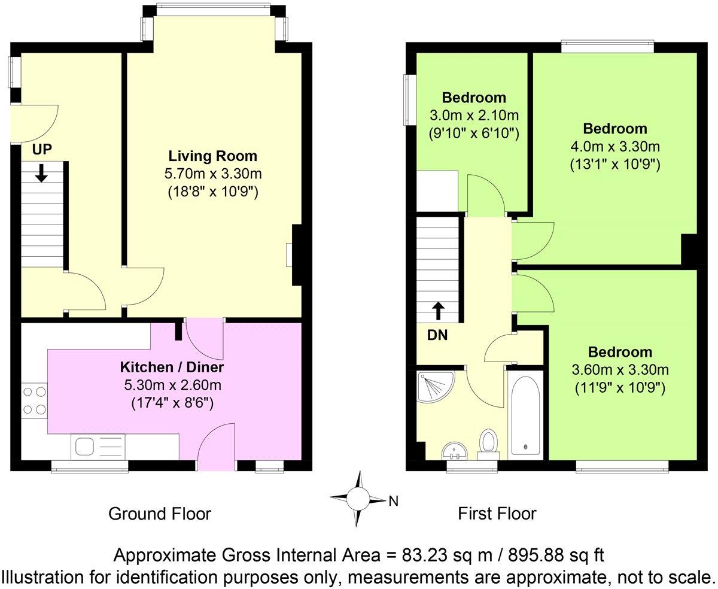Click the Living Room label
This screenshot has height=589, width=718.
click(x=212, y=156)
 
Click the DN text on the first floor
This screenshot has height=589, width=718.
click(x=437, y=336)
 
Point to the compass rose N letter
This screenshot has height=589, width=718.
click(x=393, y=501)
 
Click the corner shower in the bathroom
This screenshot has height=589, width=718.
click(x=436, y=385)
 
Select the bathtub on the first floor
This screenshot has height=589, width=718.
click(x=525, y=415)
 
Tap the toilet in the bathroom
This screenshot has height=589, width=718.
click(x=489, y=444)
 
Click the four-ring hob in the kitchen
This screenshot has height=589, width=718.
click(x=35, y=401)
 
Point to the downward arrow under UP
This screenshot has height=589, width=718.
click(x=41, y=174)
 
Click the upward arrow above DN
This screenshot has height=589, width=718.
click(x=439, y=310)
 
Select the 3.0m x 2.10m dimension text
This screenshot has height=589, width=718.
click(x=473, y=114)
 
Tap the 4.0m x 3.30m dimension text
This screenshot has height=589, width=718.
click(x=615, y=146)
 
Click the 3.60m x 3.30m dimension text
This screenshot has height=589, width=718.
click(x=619, y=369)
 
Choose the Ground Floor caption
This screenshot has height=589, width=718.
click(x=160, y=514)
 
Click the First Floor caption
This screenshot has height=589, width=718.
click(x=497, y=514)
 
